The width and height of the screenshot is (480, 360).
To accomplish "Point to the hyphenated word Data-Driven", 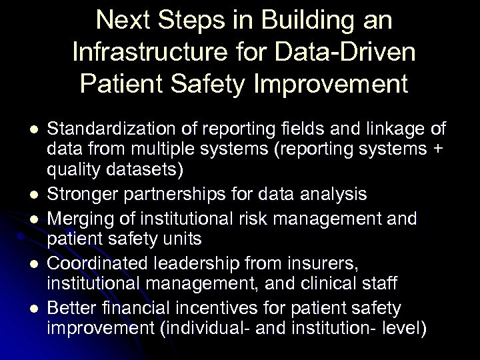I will pyautogui.click(x=345, y=53).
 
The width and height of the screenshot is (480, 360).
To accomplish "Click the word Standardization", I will pyautogui.click(x=106, y=129).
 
